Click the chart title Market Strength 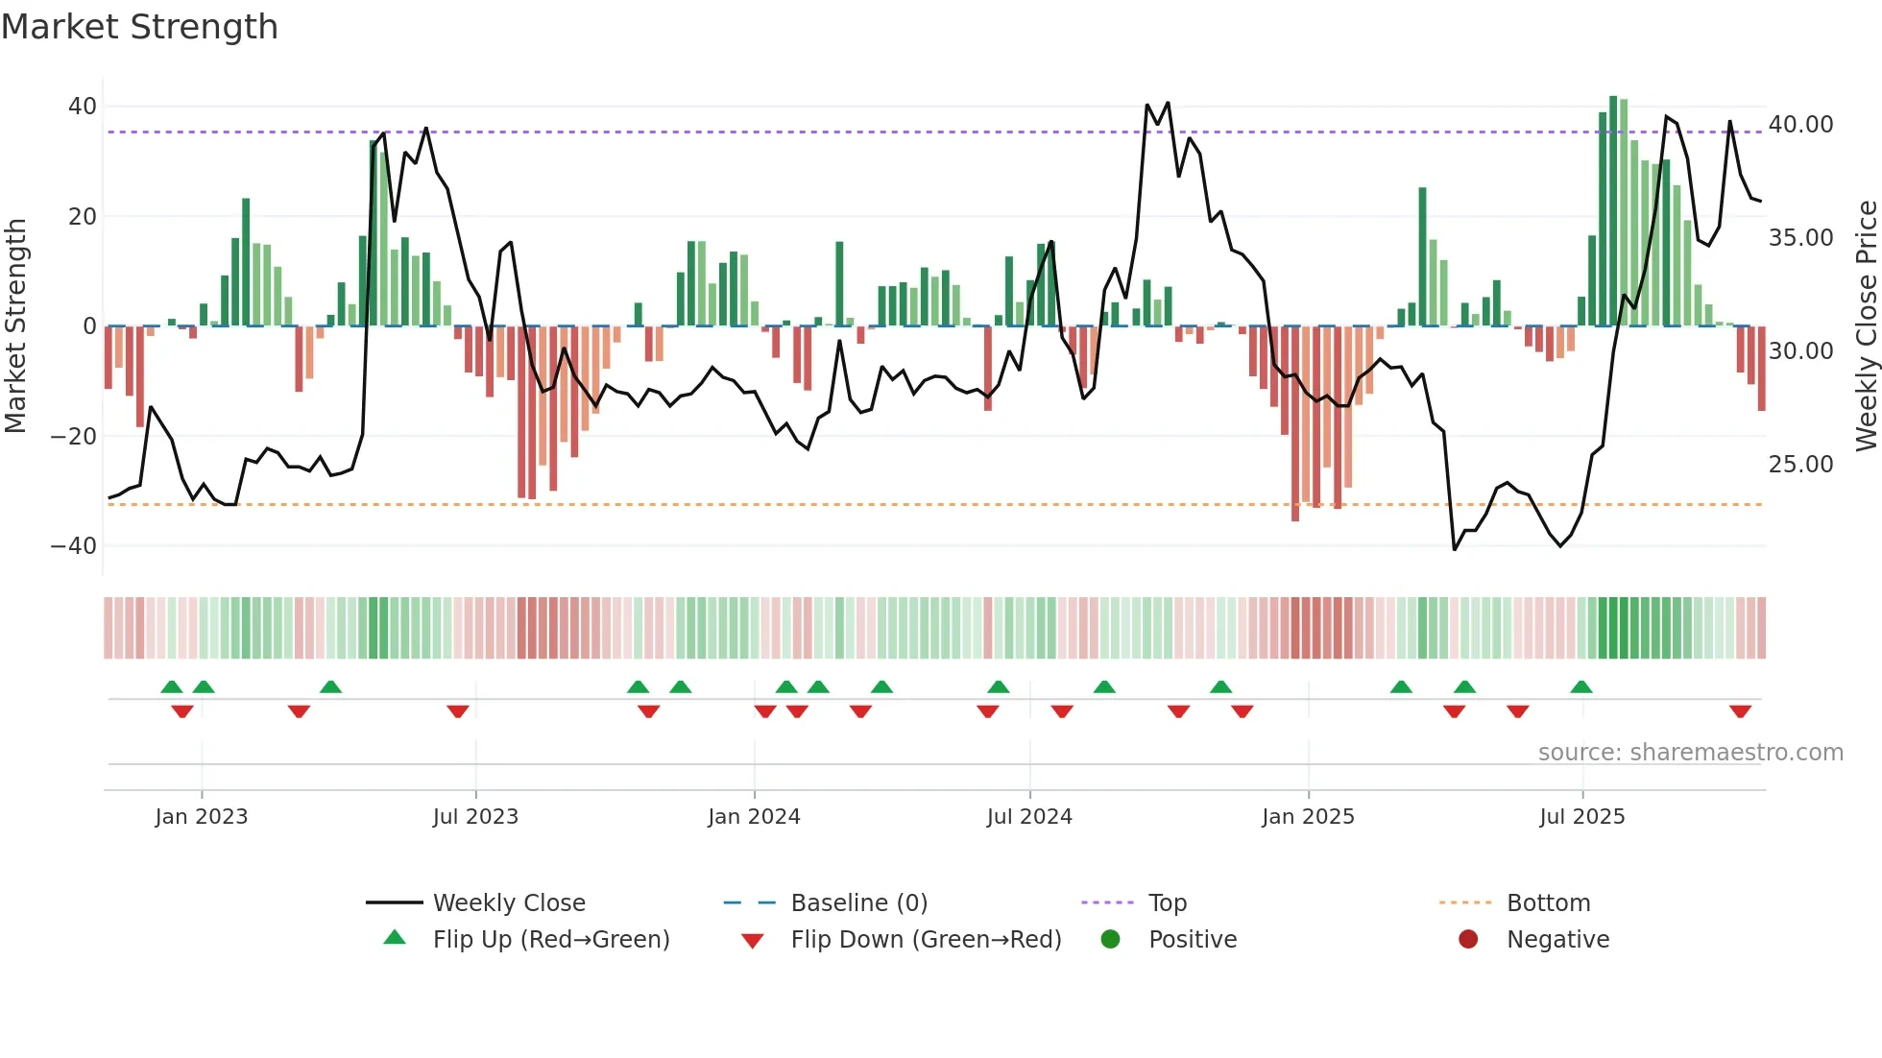(x=139, y=26)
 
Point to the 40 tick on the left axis (x=83, y=107)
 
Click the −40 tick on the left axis (x=74, y=545)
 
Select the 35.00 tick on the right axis (x=1800, y=237)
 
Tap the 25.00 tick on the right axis (x=1800, y=464)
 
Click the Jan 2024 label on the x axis (x=754, y=816)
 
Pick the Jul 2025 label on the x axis (x=1581, y=816)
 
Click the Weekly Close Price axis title (x=1866, y=325)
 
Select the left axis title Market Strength (x=15, y=325)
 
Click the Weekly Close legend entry (x=508, y=902)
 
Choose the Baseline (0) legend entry (x=858, y=902)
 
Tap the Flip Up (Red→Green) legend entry (x=550, y=939)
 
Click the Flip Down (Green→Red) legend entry (x=926, y=939)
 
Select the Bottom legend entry (x=1548, y=902)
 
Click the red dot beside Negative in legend (x=1468, y=939)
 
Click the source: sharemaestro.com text (x=1690, y=752)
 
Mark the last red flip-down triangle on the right (x=1740, y=711)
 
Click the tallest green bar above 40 (x=1613, y=211)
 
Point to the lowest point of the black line (x=1455, y=549)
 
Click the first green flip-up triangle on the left (x=172, y=686)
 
